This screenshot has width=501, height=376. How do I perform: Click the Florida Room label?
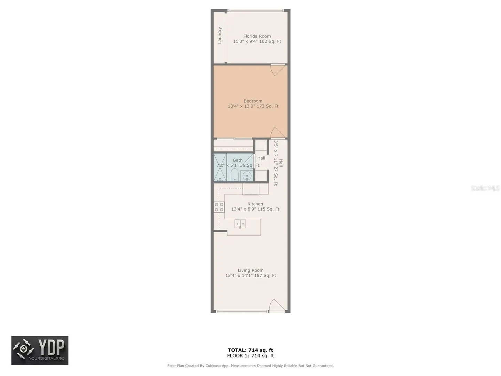pyautogui.click(x=257, y=36)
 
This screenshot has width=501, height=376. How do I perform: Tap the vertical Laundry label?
pyautogui.click(x=220, y=35)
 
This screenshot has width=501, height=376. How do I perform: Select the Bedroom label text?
pyautogui.click(x=253, y=101)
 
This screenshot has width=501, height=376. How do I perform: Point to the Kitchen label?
pyautogui.click(x=255, y=204)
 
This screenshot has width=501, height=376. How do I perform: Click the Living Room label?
pyautogui.click(x=250, y=270)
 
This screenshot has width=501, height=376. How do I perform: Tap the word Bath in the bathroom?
pyautogui.click(x=238, y=160)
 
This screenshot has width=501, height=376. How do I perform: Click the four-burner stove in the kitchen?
pyautogui.click(x=219, y=207)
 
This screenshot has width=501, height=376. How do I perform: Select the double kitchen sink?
pyautogui.click(x=240, y=224)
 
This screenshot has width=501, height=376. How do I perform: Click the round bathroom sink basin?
pyautogui.click(x=247, y=176)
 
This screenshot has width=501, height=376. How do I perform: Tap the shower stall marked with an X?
pyautogui.click(x=220, y=167)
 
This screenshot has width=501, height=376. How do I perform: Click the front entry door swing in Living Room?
pyautogui.click(x=277, y=305)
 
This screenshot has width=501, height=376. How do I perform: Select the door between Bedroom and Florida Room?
pyautogui.click(x=278, y=70)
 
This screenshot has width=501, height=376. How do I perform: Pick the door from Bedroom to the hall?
pyautogui.click(x=278, y=133)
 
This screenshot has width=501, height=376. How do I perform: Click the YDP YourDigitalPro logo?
pyautogui.click(x=40, y=350)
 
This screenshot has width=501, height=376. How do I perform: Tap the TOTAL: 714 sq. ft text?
pyautogui.click(x=250, y=350)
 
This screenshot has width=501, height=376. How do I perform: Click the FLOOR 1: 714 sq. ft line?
pyautogui.click(x=250, y=355)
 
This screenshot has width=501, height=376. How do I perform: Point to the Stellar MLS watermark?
pyautogui.click(x=485, y=188)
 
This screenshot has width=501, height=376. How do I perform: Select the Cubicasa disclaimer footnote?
pyautogui.click(x=250, y=366)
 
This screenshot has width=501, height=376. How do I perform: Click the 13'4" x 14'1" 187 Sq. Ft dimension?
pyautogui.click(x=250, y=275)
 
